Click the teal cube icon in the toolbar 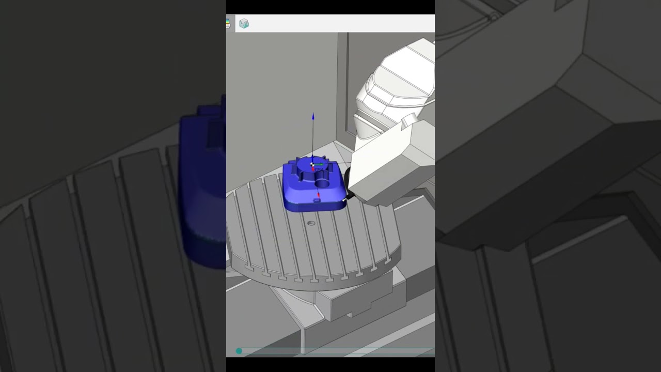[x=244, y=24]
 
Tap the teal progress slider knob [x=239, y=351]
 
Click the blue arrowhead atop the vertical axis [x=313, y=117]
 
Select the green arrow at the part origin [x=320, y=165]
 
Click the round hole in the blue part [x=322, y=183]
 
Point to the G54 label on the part [x=319, y=169]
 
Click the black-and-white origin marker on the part [x=312, y=164]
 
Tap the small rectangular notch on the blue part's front [x=317, y=200]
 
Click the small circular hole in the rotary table [x=311, y=223]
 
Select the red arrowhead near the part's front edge [x=318, y=195]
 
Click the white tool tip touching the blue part [x=344, y=199]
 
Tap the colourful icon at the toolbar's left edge [x=228, y=23]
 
